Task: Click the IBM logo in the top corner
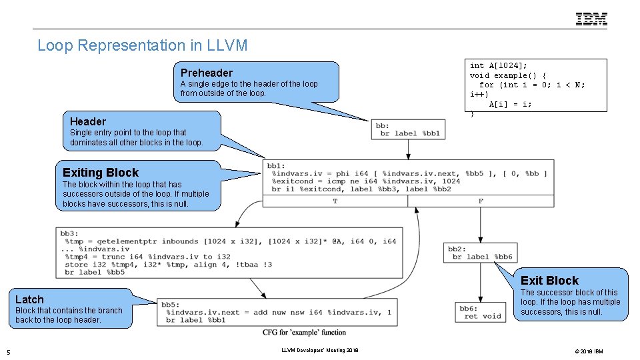point(591,19)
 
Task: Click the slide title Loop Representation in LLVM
point(143,45)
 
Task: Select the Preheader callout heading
point(207,73)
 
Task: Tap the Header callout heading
point(88,121)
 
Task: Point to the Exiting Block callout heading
point(101,172)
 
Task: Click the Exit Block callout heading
point(549,281)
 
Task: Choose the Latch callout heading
point(29,300)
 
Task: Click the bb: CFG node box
point(407,129)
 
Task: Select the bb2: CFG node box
point(481,252)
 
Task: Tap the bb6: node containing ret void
point(480,312)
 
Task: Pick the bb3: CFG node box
point(228,253)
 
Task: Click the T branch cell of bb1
point(335,201)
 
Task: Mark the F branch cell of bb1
point(481,201)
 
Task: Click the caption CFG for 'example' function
point(304,332)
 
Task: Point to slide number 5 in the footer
point(8,351)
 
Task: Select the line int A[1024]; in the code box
point(498,65)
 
